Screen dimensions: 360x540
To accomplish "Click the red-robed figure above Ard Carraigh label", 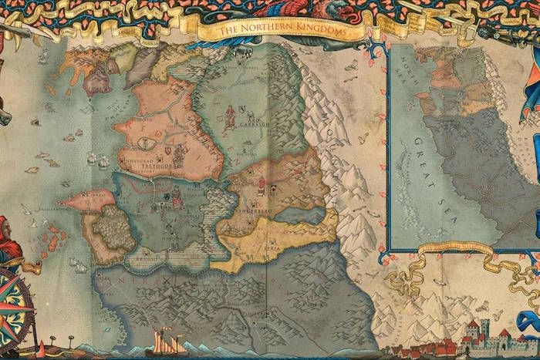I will coord(230,113).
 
